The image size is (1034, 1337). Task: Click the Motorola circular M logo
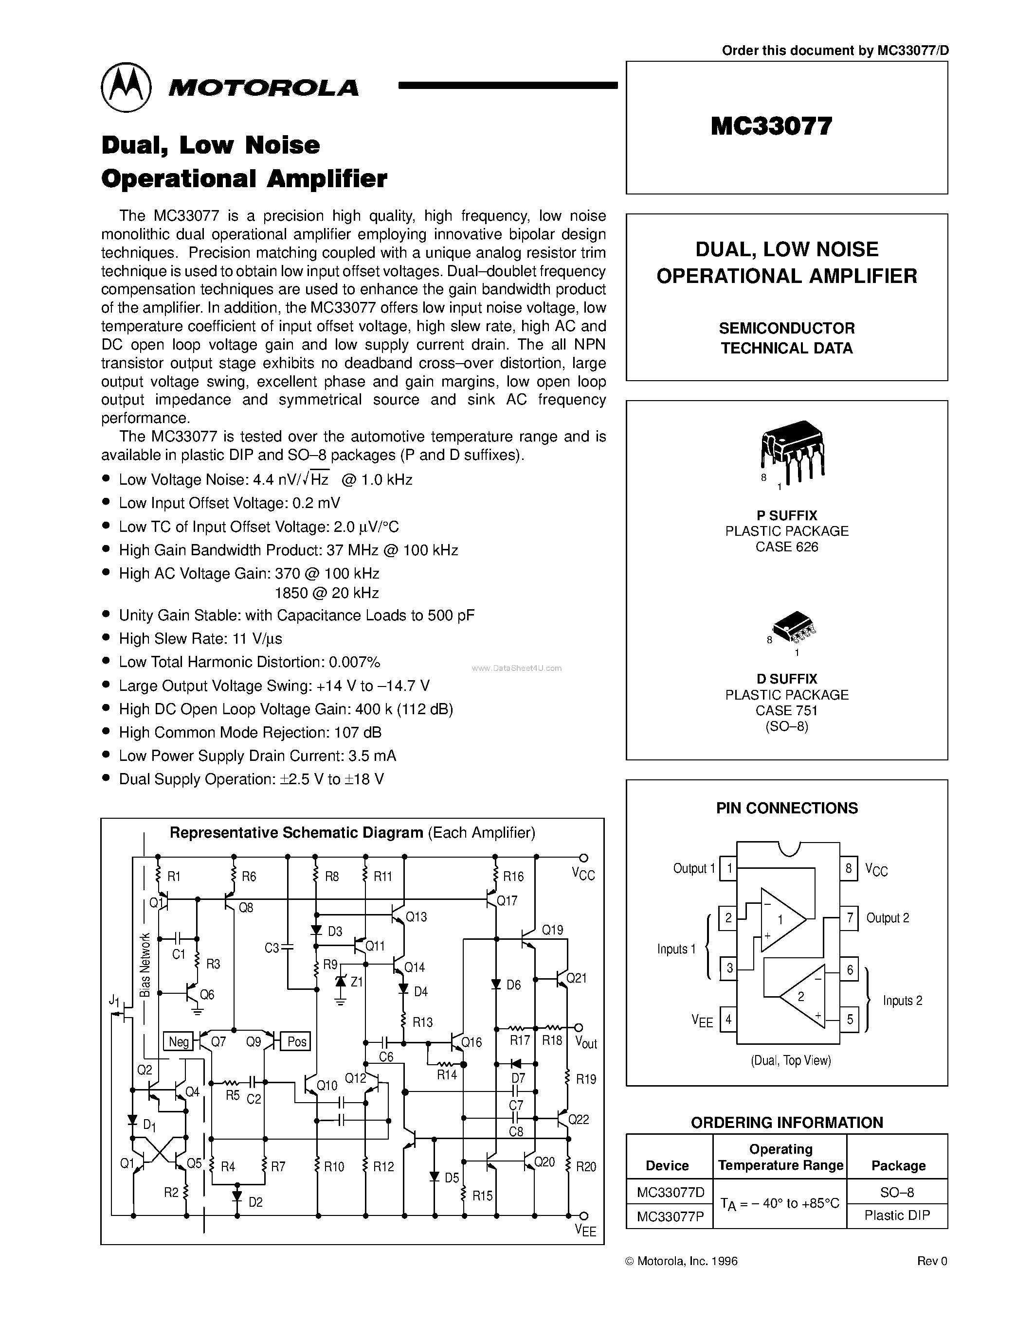tap(126, 87)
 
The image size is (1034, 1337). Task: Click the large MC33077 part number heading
tap(771, 126)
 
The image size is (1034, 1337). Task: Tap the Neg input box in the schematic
tap(178, 1041)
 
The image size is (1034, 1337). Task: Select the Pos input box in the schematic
tap(296, 1041)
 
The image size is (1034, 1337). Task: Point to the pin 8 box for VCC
tap(849, 868)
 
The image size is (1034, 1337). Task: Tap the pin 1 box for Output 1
tap(728, 868)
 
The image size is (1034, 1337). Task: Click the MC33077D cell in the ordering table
tap(670, 1192)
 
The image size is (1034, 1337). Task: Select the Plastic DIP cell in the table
tap(897, 1215)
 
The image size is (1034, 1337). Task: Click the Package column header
tap(898, 1165)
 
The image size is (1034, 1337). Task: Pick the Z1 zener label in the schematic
tap(356, 981)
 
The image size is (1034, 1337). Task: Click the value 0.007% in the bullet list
tap(355, 662)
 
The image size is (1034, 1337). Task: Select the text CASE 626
tap(786, 546)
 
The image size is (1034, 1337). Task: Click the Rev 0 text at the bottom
tap(932, 1261)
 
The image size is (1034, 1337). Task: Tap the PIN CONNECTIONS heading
tap(786, 808)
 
